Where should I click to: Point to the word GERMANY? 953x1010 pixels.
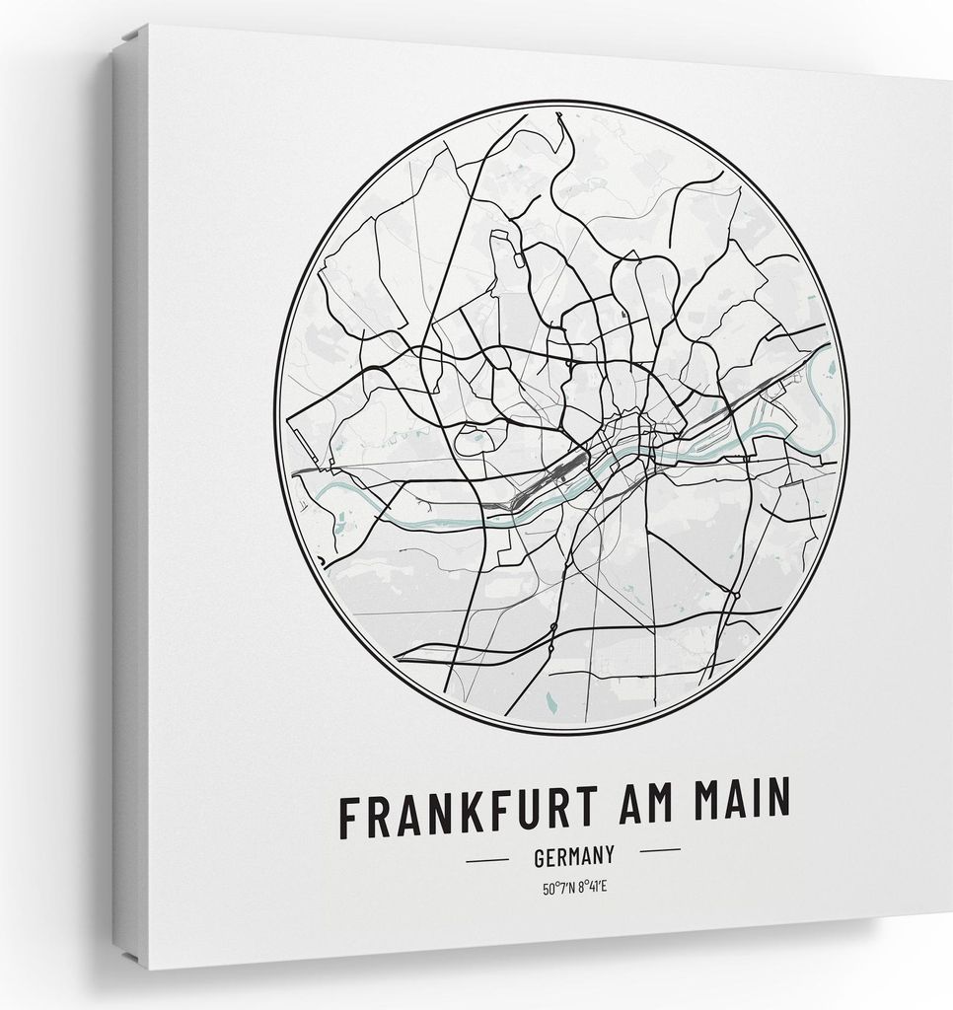coord(574,855)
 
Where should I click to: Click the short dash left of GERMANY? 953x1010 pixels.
coord(486,860)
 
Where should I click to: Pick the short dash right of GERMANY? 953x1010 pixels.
coord(660,850)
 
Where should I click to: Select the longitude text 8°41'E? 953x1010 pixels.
coord(592,887)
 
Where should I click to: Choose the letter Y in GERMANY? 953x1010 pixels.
coord(609,853)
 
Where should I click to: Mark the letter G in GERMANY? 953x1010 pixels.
coord(540,857)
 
